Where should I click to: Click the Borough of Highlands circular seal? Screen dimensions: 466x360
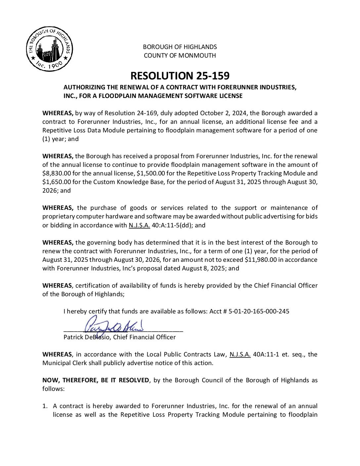pyautogui.click(x=50, y=49)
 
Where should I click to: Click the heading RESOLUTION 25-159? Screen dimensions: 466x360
pyautogui.click(x=180, y=76)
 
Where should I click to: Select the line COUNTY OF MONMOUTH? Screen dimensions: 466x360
pyautogui.click(x=180, y=56)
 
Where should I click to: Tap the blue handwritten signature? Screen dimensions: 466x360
pyautogui.click(x=114, y=324)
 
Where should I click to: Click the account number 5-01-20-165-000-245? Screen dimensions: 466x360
pyautogui.click(x=259, y=311)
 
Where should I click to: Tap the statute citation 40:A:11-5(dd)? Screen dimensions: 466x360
pyautogui.click(x=172, y=225)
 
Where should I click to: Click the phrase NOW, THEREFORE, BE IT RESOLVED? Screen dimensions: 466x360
pyautogui.click(x=96, y=380)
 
